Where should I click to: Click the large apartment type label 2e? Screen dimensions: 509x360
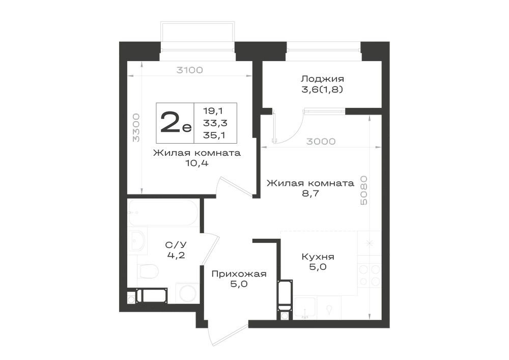point(176,123)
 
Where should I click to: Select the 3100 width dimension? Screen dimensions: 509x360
point(189,70)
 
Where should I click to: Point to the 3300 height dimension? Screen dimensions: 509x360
point(136,127)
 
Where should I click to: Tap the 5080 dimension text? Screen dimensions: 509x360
point(364,190)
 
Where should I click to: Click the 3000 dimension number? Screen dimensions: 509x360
point(321,141)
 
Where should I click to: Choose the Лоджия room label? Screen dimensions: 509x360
point(322,78)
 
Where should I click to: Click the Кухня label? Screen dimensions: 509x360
point(318,257)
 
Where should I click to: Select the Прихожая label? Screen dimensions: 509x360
point(239,274)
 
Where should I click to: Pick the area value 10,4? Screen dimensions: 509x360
point(196,163)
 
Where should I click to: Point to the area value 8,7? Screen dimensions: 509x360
point(310,193)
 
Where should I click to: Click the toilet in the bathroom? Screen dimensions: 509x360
point(148,271)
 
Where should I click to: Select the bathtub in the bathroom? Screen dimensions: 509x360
point(163,213)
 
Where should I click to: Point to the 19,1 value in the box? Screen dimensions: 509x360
point(213,110)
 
